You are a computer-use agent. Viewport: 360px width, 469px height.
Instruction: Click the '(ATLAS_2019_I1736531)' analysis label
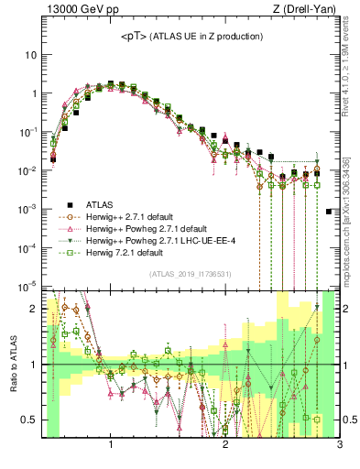[190, 274]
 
